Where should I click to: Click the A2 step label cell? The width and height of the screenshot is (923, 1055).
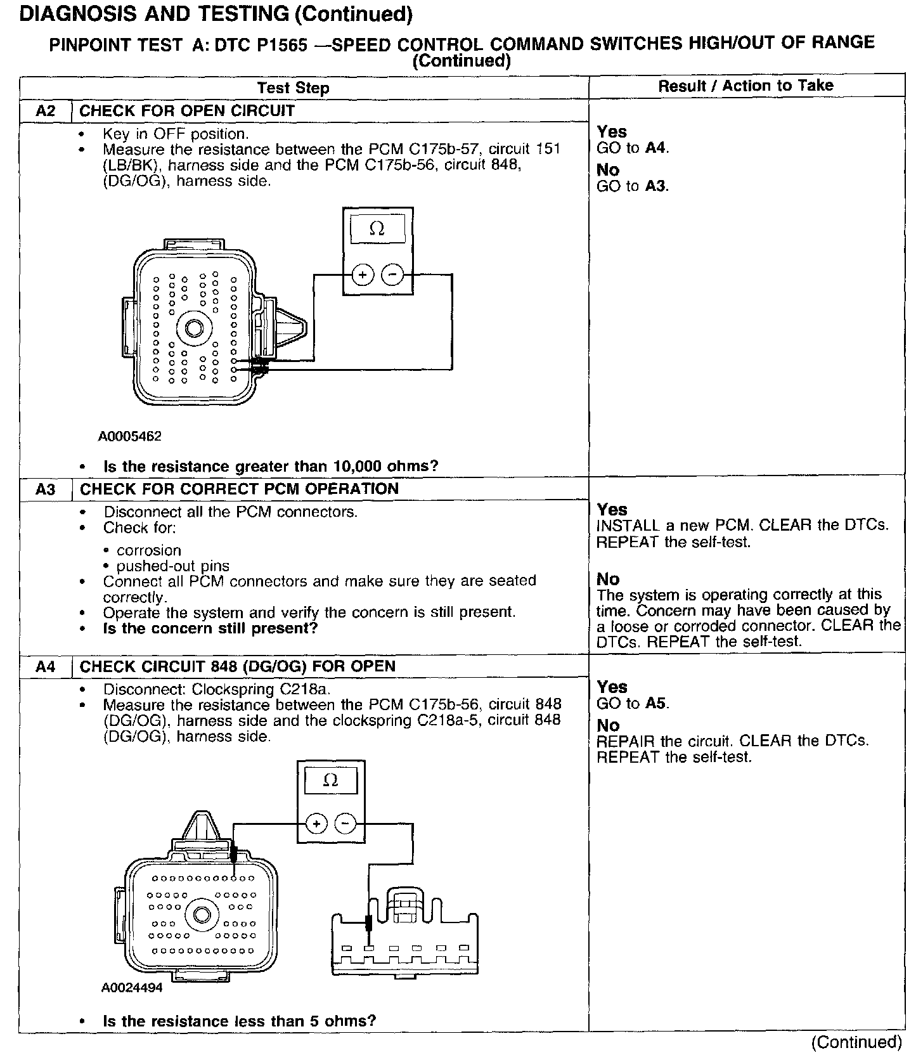point(46,111)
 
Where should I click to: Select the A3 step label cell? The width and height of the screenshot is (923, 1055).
point(46,489)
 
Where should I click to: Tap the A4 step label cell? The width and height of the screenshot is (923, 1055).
point(46,666)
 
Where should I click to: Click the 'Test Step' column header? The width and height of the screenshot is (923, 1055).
point(293,88)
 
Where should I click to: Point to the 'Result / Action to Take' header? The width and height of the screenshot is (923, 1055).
point(745,86)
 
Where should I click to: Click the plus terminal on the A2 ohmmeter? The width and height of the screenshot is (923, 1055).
point(362,275)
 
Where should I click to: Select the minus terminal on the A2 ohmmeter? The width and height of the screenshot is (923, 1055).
point(392,275)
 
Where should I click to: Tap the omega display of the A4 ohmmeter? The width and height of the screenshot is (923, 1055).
point(330,781)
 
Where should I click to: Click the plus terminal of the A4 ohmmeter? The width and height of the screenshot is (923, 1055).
point(316,824)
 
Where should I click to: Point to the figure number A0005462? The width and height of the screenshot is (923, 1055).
point(130,436)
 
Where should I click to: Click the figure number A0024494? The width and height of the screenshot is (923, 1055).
point(131,988)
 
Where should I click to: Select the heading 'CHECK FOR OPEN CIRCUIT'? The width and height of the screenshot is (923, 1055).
point(187,111)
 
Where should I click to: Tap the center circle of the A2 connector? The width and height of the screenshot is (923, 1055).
point(192,328)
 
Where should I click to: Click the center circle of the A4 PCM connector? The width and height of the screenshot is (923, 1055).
point(202,914)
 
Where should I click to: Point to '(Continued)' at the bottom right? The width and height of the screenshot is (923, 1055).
point(856,1042)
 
